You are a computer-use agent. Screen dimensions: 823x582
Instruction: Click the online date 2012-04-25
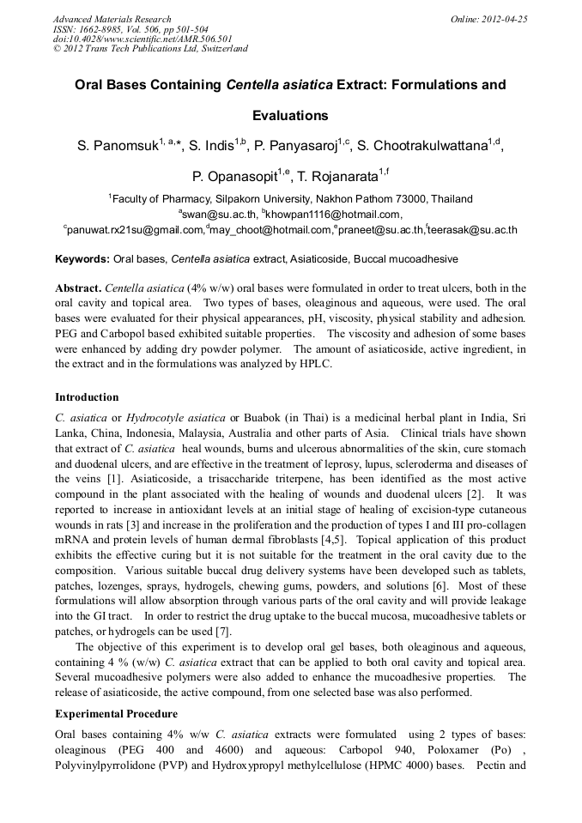pyautogui.click(x=506, y=19)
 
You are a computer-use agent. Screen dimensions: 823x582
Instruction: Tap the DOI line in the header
pyautogui.click(x=142, y=39)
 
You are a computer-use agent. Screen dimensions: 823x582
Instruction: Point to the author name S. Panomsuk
pyautogui.click(x=118, y=148)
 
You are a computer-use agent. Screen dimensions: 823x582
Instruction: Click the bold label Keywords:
pyautogui.click(x=82, y=258)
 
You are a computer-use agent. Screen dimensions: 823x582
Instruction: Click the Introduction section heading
pyautogui.click(x=87, y=397)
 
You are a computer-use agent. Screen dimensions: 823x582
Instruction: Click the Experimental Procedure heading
pyautogui.click(x=116, y=714)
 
